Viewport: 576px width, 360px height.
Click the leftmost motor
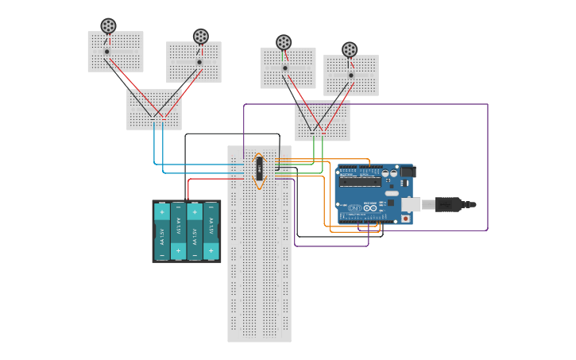coord(108,26)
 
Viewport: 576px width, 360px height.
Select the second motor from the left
coord(201,37)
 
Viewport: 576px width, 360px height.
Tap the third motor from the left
coord(284,42)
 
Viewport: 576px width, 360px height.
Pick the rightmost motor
coord(350,49)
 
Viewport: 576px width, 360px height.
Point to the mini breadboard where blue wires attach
coord(153,110)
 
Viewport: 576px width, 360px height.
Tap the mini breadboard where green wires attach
coord(323,121)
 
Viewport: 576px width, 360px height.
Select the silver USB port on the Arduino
coord(410,204)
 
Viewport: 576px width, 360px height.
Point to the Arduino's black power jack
coord(408,172)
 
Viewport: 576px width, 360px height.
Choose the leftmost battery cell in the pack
coord(162,231)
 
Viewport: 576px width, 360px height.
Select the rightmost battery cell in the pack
coord(211,231)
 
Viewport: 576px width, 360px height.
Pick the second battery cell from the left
coord(178,231)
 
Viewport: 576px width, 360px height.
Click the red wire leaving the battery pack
coord(188,188)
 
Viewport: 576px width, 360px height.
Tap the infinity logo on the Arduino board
coord(369,208)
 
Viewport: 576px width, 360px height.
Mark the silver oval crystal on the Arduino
coord(392,193)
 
